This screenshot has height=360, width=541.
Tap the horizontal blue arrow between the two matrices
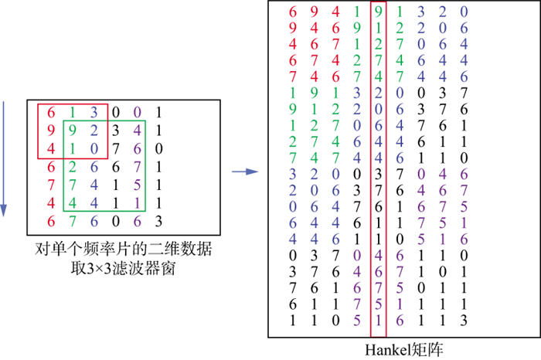[x=244, y=172]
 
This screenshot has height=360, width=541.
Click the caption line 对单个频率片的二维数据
[x=124, y=251]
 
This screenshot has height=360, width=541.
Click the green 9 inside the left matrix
[x=71, y=130]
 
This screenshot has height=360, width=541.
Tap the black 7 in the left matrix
[x=115, y=148]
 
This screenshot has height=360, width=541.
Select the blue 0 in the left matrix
[x=93, y=148]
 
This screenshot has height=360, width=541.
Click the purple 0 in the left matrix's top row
[x=137, y=111]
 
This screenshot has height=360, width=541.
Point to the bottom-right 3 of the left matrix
[x=158, y=222]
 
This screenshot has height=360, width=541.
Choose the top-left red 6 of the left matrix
[x=50, y=111]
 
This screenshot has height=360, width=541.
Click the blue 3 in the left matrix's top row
[x=93, y=111]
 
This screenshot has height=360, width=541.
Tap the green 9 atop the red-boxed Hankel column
[x=378, y=12]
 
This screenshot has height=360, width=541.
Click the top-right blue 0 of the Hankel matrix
[x=463, y=12]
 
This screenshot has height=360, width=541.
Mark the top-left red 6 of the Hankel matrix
[x=293, y=12]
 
